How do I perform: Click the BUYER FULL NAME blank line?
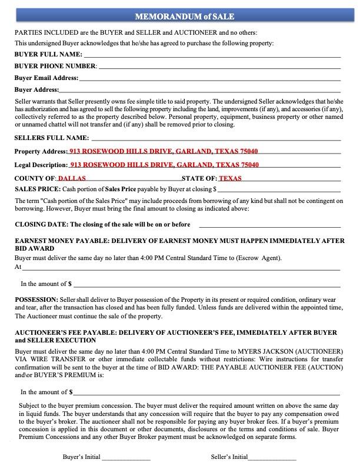(x=212, y=55)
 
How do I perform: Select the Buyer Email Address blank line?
(x=209, y=79)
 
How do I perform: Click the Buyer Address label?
(x=36, y=89)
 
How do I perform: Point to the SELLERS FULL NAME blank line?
(x=215, y=139)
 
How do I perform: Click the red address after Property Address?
(x=164, y=151)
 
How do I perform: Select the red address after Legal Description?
(x=164, y=165)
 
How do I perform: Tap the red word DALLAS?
(x=72, y=178)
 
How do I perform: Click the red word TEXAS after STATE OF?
(x=230, y=178)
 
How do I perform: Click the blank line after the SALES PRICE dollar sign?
(x=279, y=191)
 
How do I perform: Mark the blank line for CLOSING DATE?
(x=270, y=225)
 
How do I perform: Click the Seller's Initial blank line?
(x=272, y=458)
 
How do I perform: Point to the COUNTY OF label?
(x=35, y=178)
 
